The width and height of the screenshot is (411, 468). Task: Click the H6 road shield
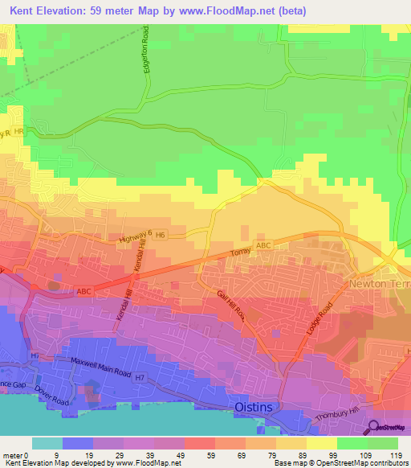[160, 235]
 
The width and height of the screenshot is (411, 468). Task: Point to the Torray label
[239, 252]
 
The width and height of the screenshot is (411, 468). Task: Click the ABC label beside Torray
[265, 245]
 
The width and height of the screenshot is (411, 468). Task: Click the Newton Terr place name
[378, 285]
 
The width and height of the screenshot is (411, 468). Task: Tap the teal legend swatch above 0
[47, 443]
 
